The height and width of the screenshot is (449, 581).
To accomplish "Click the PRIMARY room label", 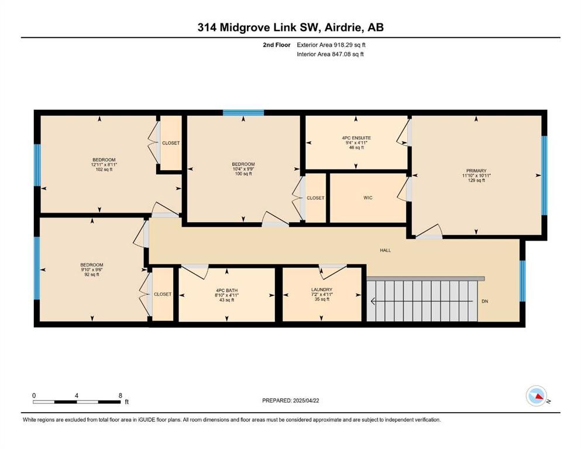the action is (x=476, y=171).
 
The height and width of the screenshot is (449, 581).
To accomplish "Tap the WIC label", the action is (x=368, y=198).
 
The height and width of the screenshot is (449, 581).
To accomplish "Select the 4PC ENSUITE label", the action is (x=356, y=138).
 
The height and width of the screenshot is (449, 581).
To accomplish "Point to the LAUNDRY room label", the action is (x=322, y=289).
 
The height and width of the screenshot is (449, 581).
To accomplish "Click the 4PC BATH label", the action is (x=227, y=290).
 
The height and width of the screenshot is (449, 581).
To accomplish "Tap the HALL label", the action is (x=386, y=250).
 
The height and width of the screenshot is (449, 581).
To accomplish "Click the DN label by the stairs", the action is (x=485, y=301).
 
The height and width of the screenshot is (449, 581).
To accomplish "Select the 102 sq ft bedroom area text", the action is (x=104, y=170).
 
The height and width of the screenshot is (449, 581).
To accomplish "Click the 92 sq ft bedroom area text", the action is (x=92, y=275).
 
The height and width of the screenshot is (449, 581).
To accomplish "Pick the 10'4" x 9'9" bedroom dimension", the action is (x=243, y=169).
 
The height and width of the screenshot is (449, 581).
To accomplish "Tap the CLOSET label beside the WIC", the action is (x=315, y=198).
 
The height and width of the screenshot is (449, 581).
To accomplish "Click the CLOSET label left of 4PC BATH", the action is (x=163, y=294).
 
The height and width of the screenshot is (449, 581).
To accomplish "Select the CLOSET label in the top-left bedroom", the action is (x=171, y=143).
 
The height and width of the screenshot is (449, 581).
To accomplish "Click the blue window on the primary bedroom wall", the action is (x=544, y=175).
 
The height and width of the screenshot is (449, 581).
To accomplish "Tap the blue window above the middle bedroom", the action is (x=243, y=112).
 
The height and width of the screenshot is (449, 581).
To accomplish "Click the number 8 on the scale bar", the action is (x=121, y=395).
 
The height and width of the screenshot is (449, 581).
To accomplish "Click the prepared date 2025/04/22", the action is (x=306, y=400).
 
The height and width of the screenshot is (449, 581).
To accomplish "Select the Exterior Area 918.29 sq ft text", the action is (x=331, y=45).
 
